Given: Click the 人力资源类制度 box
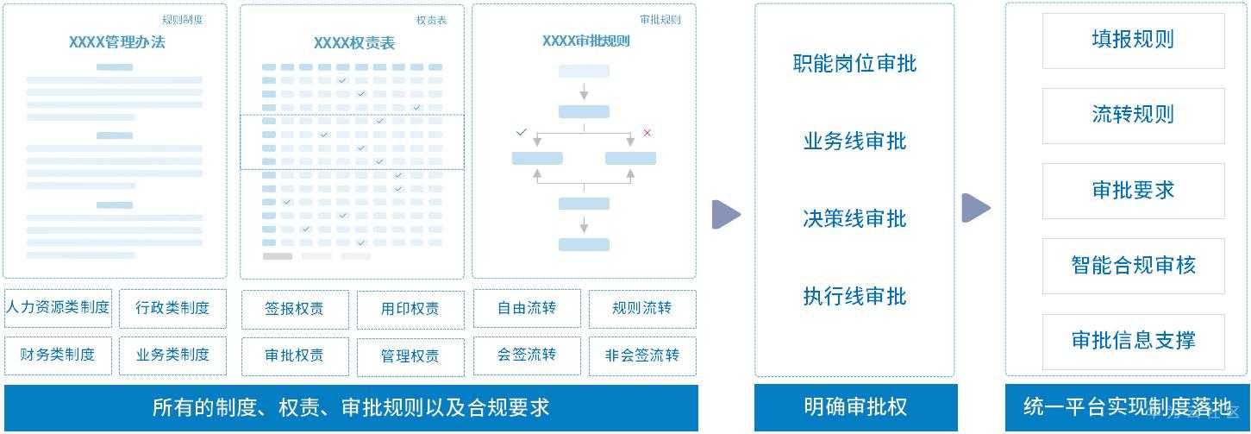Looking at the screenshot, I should click(x=58, y=308).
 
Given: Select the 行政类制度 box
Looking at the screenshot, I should click(x=172, y=308).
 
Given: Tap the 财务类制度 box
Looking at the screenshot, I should click(x=58, y=355).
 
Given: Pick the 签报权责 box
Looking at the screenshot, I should click(x=294, y=309).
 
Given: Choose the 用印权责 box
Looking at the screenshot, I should click(x=410, y=309).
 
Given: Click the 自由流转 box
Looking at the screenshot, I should click(x=527, y=308).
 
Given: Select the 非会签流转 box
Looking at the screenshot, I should click(x=642, y=355).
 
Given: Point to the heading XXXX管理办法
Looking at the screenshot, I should click(x=116, y=41).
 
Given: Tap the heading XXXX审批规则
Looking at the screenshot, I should click(x=585, y=41).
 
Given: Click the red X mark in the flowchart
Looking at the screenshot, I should click(x=647, y=133).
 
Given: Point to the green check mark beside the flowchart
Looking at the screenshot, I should click(x=521, y=133).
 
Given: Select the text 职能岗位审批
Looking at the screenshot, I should click(x=854, y=63).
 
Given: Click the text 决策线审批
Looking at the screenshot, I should click(x=854, y=218).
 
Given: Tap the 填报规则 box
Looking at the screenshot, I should click(x=1133, y=40).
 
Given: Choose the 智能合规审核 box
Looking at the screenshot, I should click(x=1133, y=266).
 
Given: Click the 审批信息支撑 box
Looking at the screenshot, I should click(x=1133, y=341).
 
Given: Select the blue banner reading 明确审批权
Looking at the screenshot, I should click(x=854, y=407).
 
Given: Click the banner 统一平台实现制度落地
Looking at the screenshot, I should click(x=1127, y=407).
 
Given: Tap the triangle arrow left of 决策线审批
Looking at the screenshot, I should click(x=725, y=215).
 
